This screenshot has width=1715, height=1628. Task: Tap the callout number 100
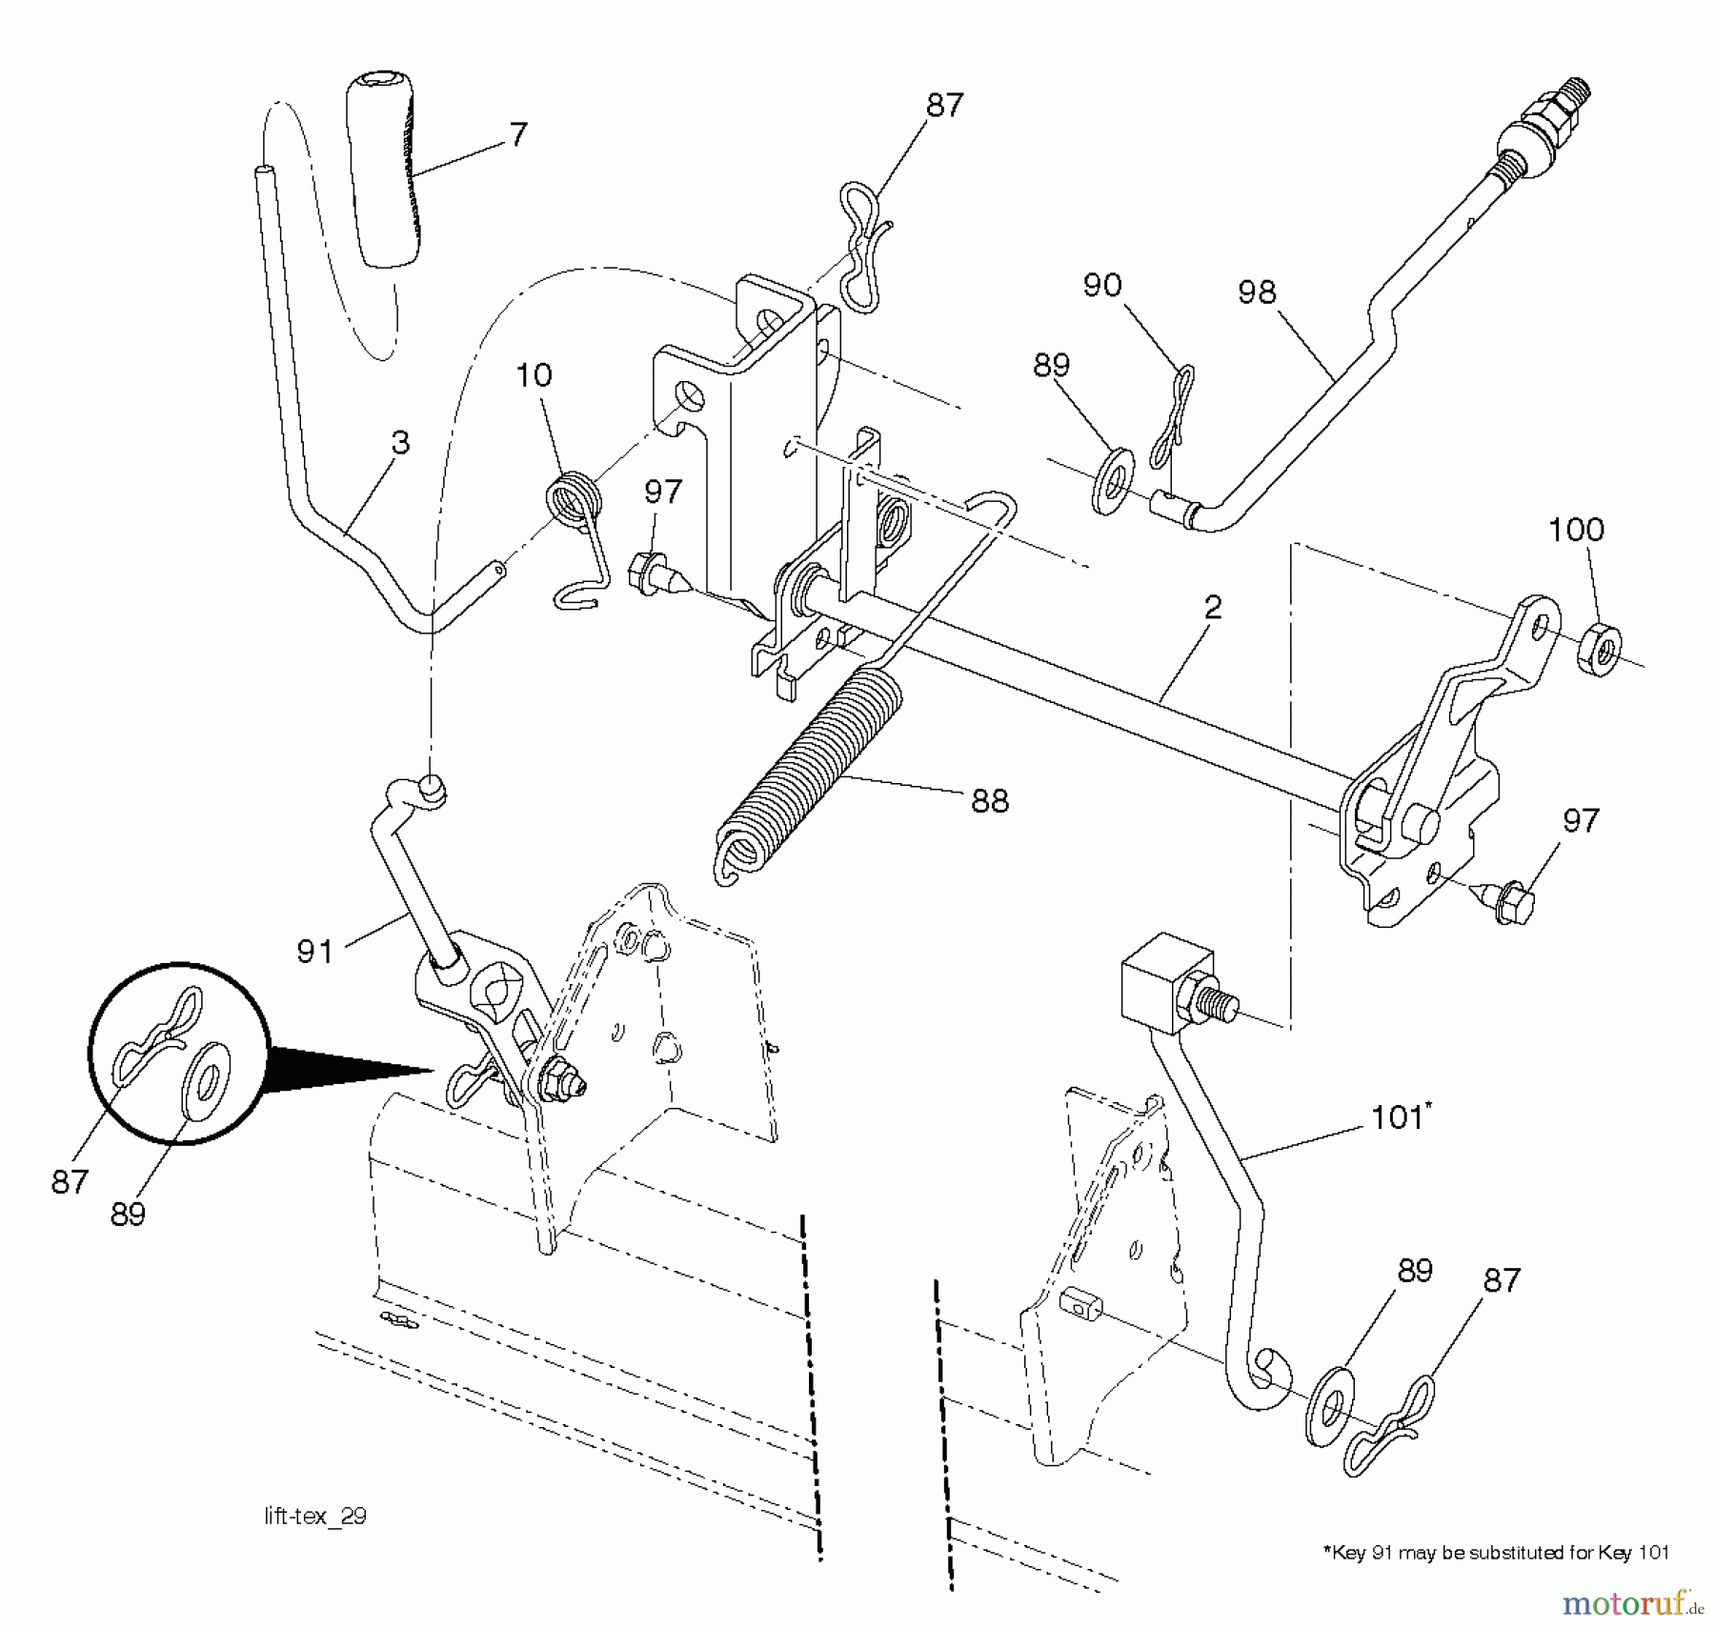(x=1576, y=530)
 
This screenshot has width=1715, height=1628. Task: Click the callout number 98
(x=1256, y=291)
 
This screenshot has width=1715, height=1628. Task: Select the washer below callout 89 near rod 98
(x=1111, y=483)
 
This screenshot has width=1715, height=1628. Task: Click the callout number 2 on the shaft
(x=1212, y=607)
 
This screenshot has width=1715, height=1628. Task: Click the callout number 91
(x=314, y=951)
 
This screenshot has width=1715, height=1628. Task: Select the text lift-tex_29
(x=315, y=1516)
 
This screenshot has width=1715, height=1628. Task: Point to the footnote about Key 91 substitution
(x=1495, y=1552)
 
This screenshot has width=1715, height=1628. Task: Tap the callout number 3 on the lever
(x=400, y=442)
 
